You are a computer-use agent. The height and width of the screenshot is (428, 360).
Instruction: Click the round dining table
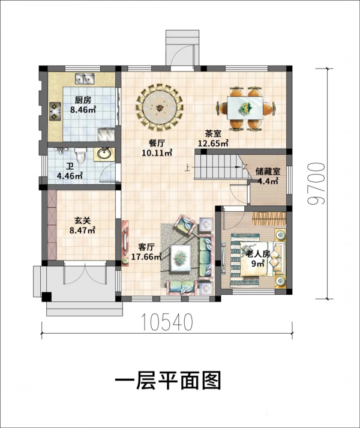[160, 107]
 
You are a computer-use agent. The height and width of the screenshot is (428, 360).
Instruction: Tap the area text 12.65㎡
[213, 143]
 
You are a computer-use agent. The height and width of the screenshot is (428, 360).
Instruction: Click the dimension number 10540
[168, 324]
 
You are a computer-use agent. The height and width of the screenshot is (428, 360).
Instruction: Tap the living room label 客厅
[146, 247]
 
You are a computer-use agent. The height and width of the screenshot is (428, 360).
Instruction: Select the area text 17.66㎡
[146, 257]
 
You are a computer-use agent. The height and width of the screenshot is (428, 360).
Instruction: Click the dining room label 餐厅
[157, 143]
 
